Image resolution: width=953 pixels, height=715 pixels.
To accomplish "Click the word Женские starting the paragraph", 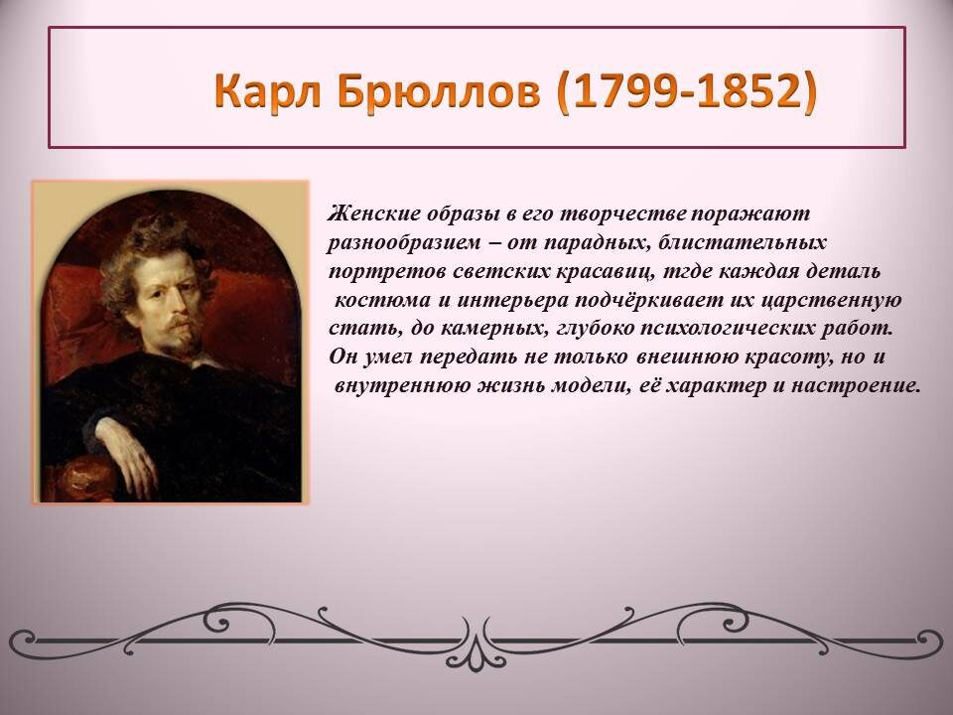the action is [373, 214].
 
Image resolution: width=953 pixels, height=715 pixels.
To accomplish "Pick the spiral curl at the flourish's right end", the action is [928, 642].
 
